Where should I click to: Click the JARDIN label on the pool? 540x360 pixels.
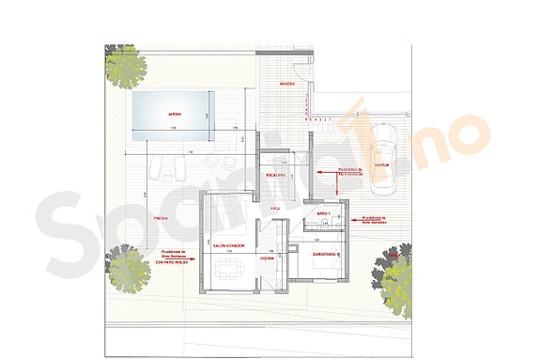[174, 114]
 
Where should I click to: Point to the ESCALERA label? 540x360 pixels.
[275, 175]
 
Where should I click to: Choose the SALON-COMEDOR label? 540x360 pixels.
[229, 245]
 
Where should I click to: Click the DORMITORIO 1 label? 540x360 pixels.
[324, 254]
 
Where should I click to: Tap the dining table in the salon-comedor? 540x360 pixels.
[228, 274]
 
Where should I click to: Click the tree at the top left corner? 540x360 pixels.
[125, 67]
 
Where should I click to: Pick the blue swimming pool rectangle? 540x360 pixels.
[174, 117]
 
